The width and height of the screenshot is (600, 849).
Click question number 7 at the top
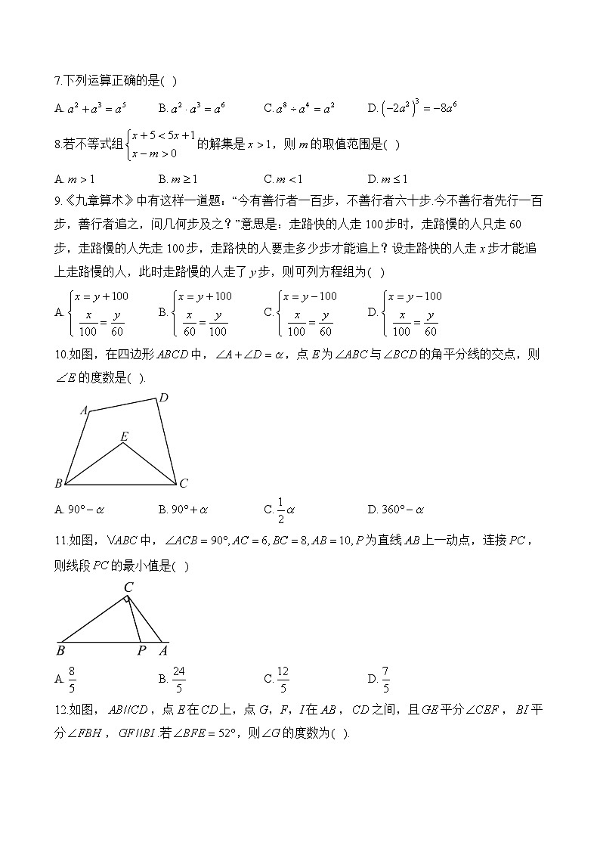pyautogui.click(x=58, y=81)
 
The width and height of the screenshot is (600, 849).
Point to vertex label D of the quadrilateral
pyautogui.click(x=163, y=398)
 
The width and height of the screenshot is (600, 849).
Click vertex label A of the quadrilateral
pyautogui.click(x=84, y=411)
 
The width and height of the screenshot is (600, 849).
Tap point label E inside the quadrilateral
pyautogui.click(x=123, y=436)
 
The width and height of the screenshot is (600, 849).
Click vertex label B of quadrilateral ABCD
pyautogui.click(x=58, y=484)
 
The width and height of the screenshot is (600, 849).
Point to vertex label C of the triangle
pyautogui.click(x=128, y=587)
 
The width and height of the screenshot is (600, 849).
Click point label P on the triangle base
pyautogui.click(x=141, y=650)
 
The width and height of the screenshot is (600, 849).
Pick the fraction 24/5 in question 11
pyautogui.click(x=179, y=679)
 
